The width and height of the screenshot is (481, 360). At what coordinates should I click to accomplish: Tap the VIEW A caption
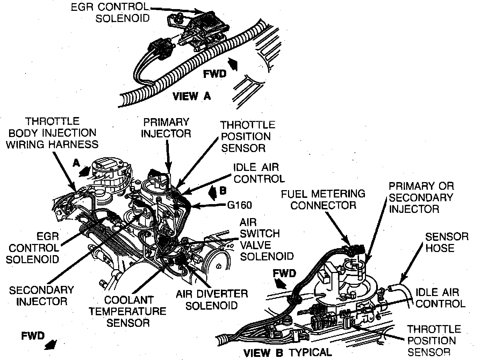(192, 96)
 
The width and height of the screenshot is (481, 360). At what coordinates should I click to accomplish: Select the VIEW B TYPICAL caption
(287, 352)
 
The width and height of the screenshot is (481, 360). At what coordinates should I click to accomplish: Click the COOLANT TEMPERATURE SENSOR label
(127, 311)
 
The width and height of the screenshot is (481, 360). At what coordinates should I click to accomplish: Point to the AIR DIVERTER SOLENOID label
(212, 300)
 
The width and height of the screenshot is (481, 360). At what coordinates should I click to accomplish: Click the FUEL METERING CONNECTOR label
(323, 199)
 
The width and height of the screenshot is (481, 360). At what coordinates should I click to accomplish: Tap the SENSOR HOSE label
(446, 242)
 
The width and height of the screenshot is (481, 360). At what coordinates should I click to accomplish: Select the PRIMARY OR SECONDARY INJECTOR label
(421, 197)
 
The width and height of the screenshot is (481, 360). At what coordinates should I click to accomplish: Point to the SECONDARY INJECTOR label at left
(41, 295)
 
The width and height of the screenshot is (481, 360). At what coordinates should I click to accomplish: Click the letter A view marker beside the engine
(76, 163)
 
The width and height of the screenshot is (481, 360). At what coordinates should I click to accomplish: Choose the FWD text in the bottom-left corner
(33, 336)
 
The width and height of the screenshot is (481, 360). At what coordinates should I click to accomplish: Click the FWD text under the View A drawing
(215, 74)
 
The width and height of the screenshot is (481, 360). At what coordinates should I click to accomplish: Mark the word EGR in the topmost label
(82, 7)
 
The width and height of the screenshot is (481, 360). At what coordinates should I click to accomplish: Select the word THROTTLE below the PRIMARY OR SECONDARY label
(433, 329)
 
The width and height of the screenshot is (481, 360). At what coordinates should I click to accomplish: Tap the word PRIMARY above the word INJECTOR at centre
(166, 122)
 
